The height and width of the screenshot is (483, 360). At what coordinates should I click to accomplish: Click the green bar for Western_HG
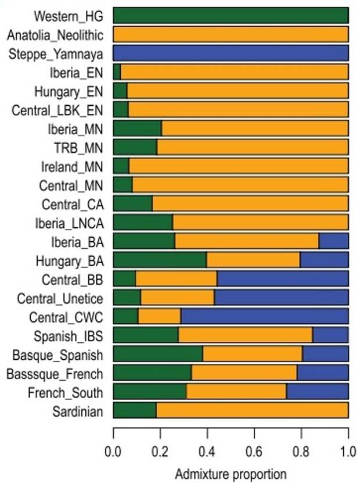pyautogui.click(x=231, y=15)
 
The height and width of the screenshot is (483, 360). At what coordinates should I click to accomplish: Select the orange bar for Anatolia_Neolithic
pyautogui.click(x=231, y=34)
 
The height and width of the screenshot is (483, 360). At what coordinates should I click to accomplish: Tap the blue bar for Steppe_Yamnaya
pyautogui.click(x=231, y=53)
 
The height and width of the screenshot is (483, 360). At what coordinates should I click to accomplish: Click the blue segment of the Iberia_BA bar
pyautogui.click(x=333, y=241)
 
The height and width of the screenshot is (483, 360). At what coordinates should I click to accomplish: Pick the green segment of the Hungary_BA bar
pyautogui.click(x=160, y=260)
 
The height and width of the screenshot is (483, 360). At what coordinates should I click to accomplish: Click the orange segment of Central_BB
pyautogui.click(x=176, y=278)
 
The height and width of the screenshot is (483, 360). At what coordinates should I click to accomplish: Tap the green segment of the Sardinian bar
pyautogui.click(x=134, y=410)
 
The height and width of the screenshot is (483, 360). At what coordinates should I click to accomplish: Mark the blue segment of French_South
pyautogui.click(x=317, y=391)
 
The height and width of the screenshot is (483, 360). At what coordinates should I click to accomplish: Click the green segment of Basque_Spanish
pyautogui.click(x=157, y=354)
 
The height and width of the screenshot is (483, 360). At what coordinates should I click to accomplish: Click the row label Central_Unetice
pyautogui.click(x=60, y=298)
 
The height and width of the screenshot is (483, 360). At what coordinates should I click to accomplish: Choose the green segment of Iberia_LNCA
pyautogui.click(x=142, y=222)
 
